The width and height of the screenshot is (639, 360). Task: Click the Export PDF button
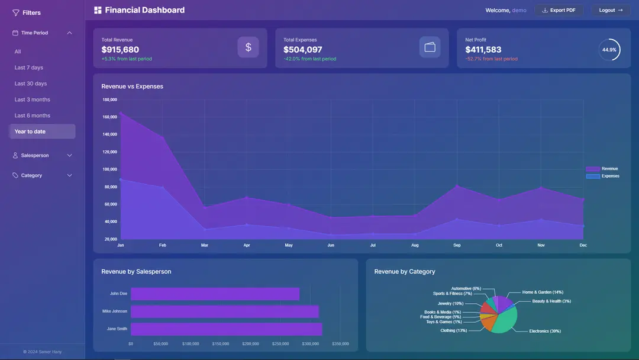[559, 10]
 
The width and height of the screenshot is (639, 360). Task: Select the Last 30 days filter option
[31, 83]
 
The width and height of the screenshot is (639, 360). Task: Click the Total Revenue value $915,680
[120, 50]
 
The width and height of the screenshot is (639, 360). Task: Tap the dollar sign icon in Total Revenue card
[248, 47]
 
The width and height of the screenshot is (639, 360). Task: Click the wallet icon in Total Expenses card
[430, 47]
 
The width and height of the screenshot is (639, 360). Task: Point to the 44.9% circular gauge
[609, 50]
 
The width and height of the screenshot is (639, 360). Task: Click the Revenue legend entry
[602, 169]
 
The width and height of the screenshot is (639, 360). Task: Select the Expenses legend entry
[603, 176]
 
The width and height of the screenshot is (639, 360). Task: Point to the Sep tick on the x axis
[457, 245]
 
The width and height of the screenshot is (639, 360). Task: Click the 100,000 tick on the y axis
[110, 169]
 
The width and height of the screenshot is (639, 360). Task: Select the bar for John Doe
[215, 294]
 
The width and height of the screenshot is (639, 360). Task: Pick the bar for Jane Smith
[226, 329]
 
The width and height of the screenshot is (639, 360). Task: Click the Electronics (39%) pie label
[544, 331]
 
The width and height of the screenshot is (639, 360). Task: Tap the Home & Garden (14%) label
[543, 292]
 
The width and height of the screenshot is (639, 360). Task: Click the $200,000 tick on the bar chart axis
[251, 343]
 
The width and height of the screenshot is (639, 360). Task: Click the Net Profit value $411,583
[483, 50]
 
